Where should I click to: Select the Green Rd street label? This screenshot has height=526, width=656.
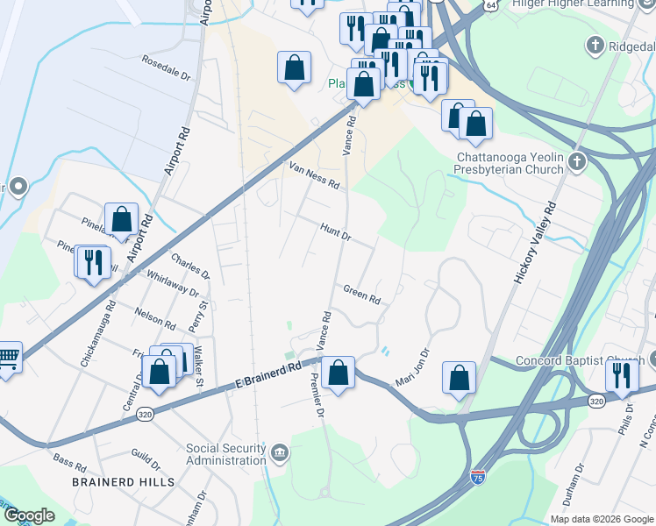[361, 294]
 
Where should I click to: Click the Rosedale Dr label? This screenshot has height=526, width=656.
[167, 68]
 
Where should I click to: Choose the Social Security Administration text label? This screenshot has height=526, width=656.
[226, 454]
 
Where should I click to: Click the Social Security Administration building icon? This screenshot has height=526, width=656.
[280, 452]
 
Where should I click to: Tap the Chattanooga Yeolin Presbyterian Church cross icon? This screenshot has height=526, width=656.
[576, 160]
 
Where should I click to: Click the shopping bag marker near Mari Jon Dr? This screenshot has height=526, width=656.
[459, 379]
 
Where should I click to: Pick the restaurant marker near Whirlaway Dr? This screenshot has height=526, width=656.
[91, 262]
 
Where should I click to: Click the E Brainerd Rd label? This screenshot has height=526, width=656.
[267, 374]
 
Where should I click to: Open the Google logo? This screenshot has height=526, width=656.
[29, 515]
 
